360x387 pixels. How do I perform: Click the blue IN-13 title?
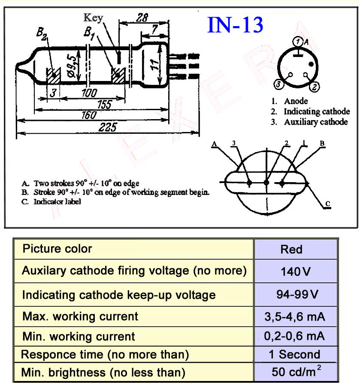235,25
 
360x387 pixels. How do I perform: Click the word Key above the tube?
93,18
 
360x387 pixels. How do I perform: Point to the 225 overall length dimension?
107,127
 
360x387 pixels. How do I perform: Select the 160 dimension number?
89,115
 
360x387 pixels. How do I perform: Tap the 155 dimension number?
105,104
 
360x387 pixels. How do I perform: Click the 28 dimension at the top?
142,18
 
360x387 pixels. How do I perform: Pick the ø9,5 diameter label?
72,66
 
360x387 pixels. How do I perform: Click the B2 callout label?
41,33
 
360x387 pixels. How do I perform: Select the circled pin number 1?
298,42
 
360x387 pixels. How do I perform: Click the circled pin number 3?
278,84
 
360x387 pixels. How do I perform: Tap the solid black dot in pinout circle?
311,64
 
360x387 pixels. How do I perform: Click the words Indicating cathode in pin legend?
317,111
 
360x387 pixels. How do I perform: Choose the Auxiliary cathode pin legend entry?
310,122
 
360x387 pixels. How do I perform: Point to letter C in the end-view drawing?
328,204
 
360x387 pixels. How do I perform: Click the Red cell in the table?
296,249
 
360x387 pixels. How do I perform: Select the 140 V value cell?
296,271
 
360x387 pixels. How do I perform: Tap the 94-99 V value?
297,294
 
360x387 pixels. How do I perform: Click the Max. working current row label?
80,316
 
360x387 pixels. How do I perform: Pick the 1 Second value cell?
296,354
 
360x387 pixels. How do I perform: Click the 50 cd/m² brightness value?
296,371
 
